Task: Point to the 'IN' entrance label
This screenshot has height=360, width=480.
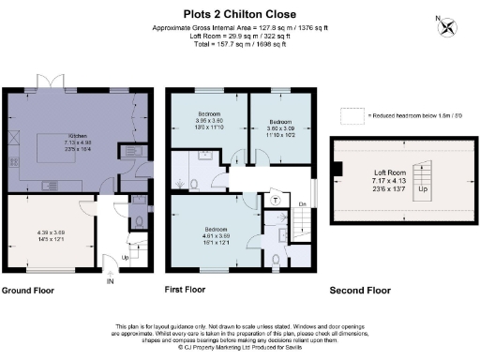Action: [110, 279]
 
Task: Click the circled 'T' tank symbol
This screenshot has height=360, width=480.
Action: [275, 200]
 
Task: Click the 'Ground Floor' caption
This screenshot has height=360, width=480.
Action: [30, 291]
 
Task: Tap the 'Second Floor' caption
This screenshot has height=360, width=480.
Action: [359, 291]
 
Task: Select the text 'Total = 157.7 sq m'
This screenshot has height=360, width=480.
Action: [211, 43]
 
